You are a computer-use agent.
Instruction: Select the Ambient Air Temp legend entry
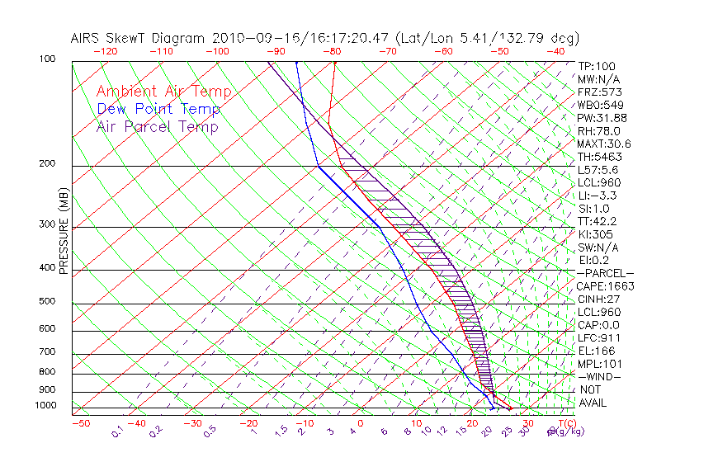pyautogui.click(x=163, y=92)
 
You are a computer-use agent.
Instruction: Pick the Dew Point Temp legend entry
pyautogui.click(x=158, y=109)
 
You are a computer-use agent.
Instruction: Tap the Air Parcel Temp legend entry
pyautogui.click(x=157, y=126)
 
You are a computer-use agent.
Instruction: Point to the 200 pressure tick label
pyautogui.click(x=46, y=164)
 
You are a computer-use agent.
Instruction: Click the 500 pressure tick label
pyautogui.click(x=46, y=302)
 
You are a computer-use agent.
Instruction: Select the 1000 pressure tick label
pyautogui.click(x=45, y=406)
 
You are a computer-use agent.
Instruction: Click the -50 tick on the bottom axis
pyautogui.click(x=80, y=423)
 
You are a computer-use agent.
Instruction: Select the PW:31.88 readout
pyautogui.click(x=602, y=118)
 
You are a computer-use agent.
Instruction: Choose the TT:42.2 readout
pyautogui.click(x=598, y=221)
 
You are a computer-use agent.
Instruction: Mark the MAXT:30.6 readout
pyautogui.click(x=604, y=144)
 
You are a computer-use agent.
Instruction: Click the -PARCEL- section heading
pyautogui.click(x=605, y=273)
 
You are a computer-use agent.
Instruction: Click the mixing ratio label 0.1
pyautogui.click(x=116, y=431)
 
